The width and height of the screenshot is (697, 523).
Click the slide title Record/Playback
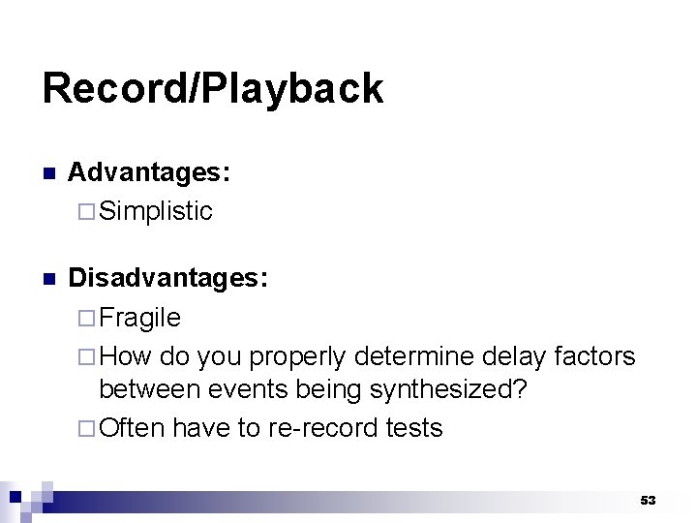click(213, 89)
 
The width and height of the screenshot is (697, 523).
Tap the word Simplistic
click(156, 211)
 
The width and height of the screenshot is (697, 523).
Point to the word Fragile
click(140, 318)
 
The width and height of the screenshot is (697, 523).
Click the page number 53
click(648, 500)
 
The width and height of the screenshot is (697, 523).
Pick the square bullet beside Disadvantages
click(49, 280)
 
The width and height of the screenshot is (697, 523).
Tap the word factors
click(596, 355)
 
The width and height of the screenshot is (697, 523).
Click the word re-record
click(307, 428)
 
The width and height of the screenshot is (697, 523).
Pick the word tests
click(409, 428)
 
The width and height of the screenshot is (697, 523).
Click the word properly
click(298, 357)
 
